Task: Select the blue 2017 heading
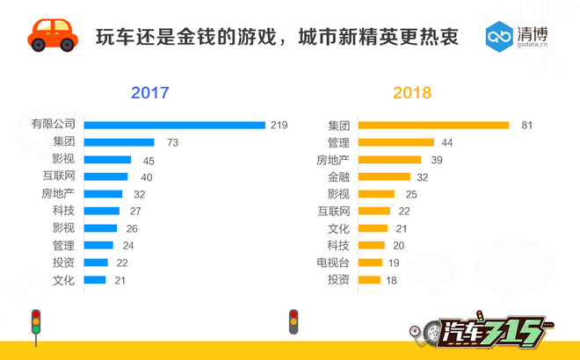(x=149, y=93)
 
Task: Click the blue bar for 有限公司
(x=174, y=126)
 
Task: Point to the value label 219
(x=279, y=126)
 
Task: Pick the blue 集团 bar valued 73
(x=119, y=142)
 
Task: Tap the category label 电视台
(x=333, y=263)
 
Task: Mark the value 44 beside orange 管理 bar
(x=446, y=142)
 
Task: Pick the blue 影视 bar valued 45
(x=107, y=160)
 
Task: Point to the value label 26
(x=132, y=228)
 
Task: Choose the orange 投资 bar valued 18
(x=369, y=280)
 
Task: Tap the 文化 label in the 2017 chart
(x=64, y=280)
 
